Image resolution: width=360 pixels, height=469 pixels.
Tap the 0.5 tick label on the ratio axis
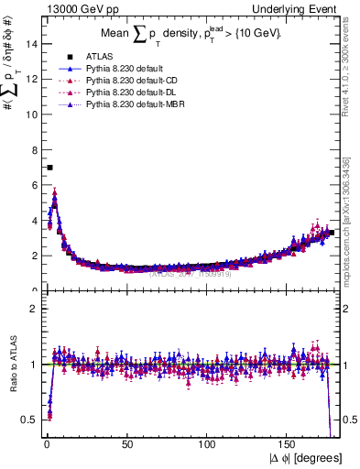click(x=28, y=420)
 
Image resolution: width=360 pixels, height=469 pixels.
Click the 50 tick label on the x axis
click(x=125, y=443)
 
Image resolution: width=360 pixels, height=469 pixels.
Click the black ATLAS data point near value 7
click(x=49, y=168)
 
